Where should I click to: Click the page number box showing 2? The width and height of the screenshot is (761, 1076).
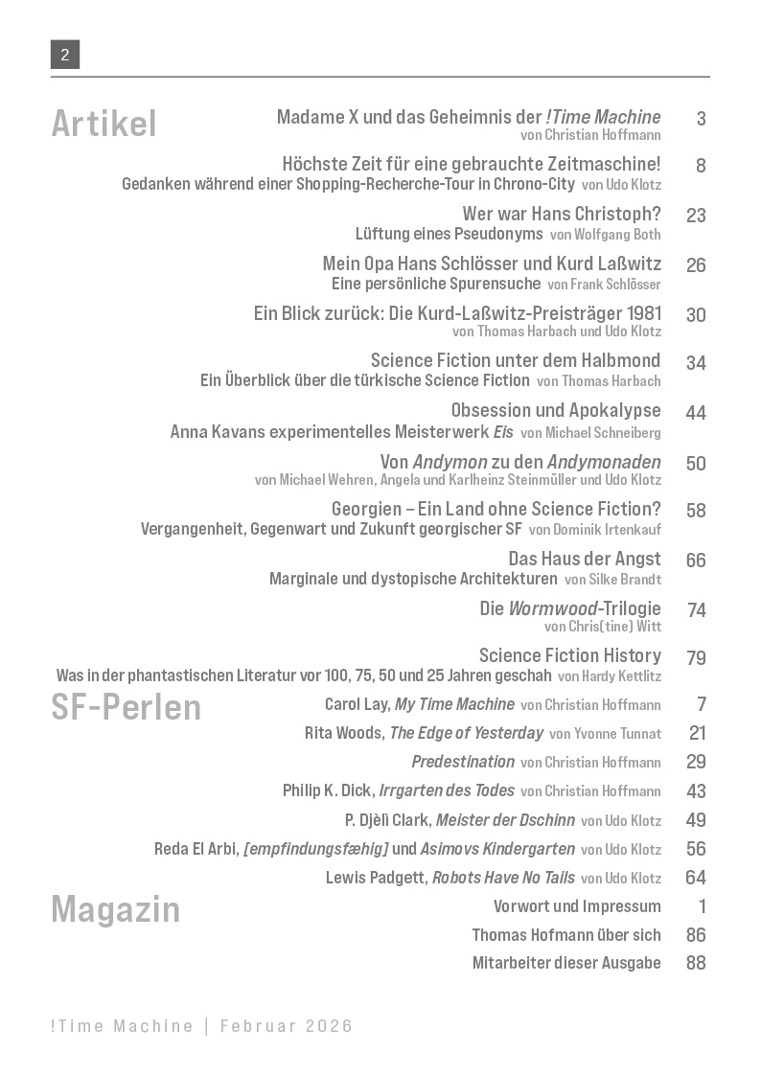[65, 55]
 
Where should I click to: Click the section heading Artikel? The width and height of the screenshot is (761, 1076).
[104, 124]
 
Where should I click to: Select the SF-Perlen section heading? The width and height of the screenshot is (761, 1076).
[126, 707]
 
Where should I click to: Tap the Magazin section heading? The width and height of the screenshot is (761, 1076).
[115, 908]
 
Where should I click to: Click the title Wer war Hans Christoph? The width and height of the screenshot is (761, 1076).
[562, 215]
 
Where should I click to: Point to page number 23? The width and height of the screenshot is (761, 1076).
[696, 216]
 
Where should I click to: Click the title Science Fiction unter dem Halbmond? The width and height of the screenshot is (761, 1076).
[516, 361]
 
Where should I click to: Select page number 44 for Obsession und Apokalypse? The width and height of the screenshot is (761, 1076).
[696, 413]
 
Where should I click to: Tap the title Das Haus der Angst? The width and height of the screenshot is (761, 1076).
[585, 559]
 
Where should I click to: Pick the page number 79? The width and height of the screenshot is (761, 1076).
[696, 658]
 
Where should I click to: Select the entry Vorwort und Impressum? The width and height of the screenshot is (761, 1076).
[577, 906]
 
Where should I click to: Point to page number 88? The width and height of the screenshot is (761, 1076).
[696, 963]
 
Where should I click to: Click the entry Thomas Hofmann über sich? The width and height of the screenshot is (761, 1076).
[566, 935]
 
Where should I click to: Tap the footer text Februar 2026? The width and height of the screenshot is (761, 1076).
[287, 1026]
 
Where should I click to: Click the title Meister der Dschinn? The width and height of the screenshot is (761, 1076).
[505, 820]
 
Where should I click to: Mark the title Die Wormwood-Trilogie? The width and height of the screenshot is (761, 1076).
[570, 608]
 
